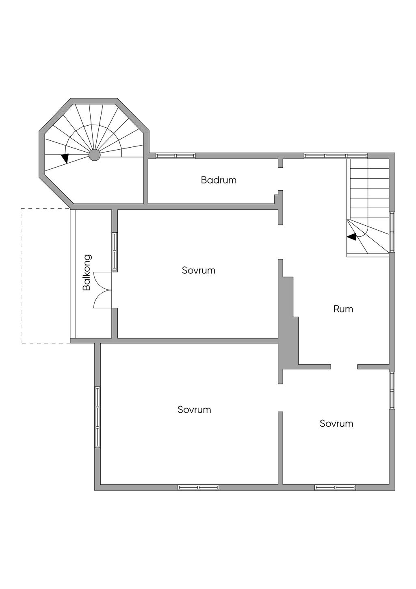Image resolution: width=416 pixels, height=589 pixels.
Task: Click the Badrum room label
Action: pyautogui.click(x=219, y=180)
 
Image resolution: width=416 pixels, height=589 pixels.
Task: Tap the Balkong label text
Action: pyautogui.click(x=87, y=273)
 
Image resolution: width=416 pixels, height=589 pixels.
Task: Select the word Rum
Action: pyautogui.click(x=343, y=309)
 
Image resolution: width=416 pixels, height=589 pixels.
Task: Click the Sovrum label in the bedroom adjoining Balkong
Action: pyautogui.click(x=198, y=271)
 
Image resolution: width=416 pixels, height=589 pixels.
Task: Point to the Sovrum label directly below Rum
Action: pyautogui.click(x=336, y=423)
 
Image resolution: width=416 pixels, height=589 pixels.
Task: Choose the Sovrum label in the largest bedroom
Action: pyautogui.click(x=194, y=410)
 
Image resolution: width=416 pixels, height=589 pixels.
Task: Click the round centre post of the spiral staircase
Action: pyautogui.click(x=94, y=155)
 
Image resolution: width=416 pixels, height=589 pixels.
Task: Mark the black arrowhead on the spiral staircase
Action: pyautogui.click(x=65, y=158)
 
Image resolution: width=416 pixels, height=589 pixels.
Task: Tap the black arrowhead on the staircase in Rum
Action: pyautogui.click(x=351, y=236)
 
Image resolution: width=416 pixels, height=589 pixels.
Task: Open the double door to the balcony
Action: pyautogui.click(x=103, y=290)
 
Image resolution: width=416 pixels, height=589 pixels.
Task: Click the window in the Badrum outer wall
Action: pyautogui.click(x=175, y=155)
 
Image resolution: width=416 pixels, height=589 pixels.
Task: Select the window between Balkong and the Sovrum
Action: pyautogui.click(x=115, y=251)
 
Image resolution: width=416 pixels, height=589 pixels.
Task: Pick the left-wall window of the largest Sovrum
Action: pyautogui.click(x=97, y=417)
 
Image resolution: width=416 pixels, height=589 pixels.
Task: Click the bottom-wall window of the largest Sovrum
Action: pyautogui.click(x=198, y=487)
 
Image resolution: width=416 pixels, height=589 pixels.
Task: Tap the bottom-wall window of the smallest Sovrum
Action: pyautogui.click(x=335, y=487)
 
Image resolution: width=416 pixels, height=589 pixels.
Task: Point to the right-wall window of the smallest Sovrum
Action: pyautogui.click(x=392, y=390)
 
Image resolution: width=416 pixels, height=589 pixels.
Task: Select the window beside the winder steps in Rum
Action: pyautogui.click(x=392, y=232)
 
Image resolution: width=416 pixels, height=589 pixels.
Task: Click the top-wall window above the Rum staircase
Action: pyautogui.click(x=336, y=155)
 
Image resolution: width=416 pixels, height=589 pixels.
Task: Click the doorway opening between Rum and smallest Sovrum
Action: pyautogui.click(x=344, y=367)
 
